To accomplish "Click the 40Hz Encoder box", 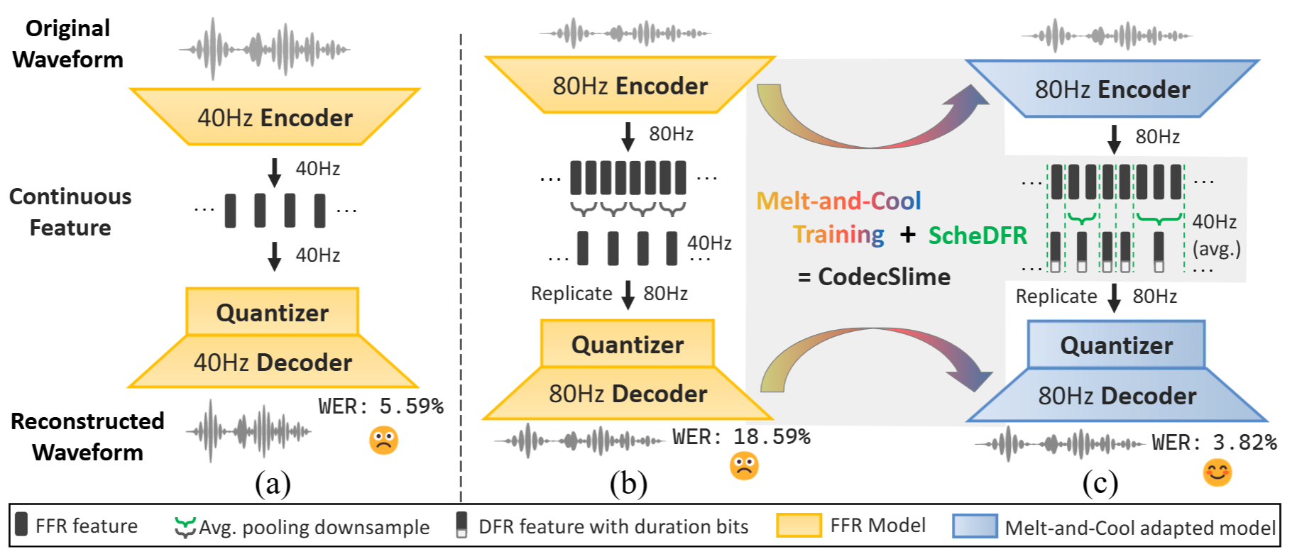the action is pos(275,117).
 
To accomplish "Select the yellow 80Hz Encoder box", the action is pos(630,85).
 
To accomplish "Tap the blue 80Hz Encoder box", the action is pos(1112,89).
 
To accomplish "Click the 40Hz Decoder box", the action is pos(273,362).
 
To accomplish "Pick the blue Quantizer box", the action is pos(1117,345).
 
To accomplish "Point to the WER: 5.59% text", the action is pos(381,406).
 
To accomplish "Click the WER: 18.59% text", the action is pos(741,437).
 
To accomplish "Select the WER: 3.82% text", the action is pos(1214,443).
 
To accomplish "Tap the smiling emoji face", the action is pos(1217,472).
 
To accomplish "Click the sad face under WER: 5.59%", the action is pos(383,441).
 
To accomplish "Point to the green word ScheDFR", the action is pos(978,235).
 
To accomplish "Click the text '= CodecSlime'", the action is pos(874,277).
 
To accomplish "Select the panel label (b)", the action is pos(628,484).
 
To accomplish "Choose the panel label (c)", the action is pos(1100,484).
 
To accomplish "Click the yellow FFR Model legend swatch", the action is pos(799,526).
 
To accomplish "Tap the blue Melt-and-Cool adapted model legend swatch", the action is pos(975,526).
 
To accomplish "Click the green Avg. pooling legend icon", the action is pos(185,527).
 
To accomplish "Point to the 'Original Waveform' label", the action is pos(68,43).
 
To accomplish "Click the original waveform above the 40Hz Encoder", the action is pos(264,50).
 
